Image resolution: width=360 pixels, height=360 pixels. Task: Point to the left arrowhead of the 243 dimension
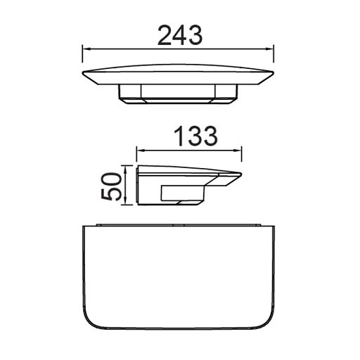(86, 49)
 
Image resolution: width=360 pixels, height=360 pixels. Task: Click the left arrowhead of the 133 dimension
(139, 150)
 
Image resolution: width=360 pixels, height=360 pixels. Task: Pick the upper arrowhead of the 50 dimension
(127, 168)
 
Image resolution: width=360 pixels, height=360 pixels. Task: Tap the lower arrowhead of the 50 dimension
(127, 200)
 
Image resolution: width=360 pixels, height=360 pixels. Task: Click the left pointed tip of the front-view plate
(84, 73)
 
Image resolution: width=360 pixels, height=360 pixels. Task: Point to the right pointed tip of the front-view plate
(273, 73)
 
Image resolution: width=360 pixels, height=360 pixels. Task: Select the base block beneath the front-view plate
(179, 93)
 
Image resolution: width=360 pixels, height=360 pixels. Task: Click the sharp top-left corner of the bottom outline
(83, 226)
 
